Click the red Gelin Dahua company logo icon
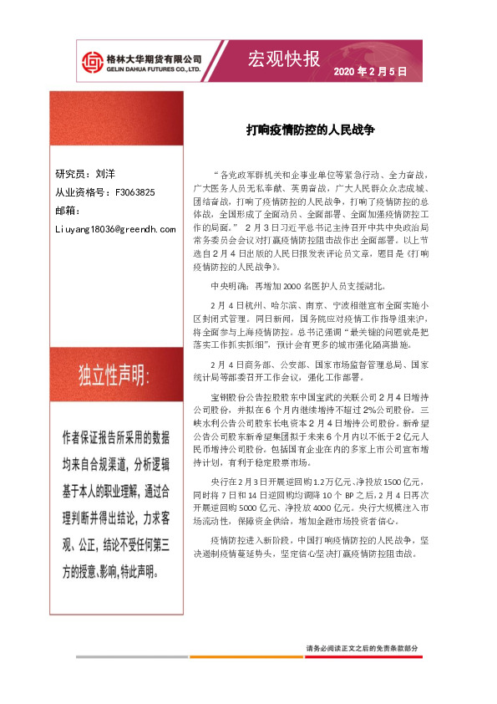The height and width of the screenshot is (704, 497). point(93,62)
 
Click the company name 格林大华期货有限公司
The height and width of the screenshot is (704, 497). point(155,59)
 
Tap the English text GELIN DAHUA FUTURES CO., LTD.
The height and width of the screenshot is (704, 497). point(155,69)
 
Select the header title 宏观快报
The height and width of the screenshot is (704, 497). point(284,59)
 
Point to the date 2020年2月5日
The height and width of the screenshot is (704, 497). point(370,73)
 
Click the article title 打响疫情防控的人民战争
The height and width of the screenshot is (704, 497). point(311,130)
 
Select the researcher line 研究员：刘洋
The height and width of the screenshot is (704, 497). point(85,175)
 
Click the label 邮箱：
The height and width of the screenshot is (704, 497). point(68,210)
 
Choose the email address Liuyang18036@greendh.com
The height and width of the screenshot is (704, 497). point(114,227)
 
